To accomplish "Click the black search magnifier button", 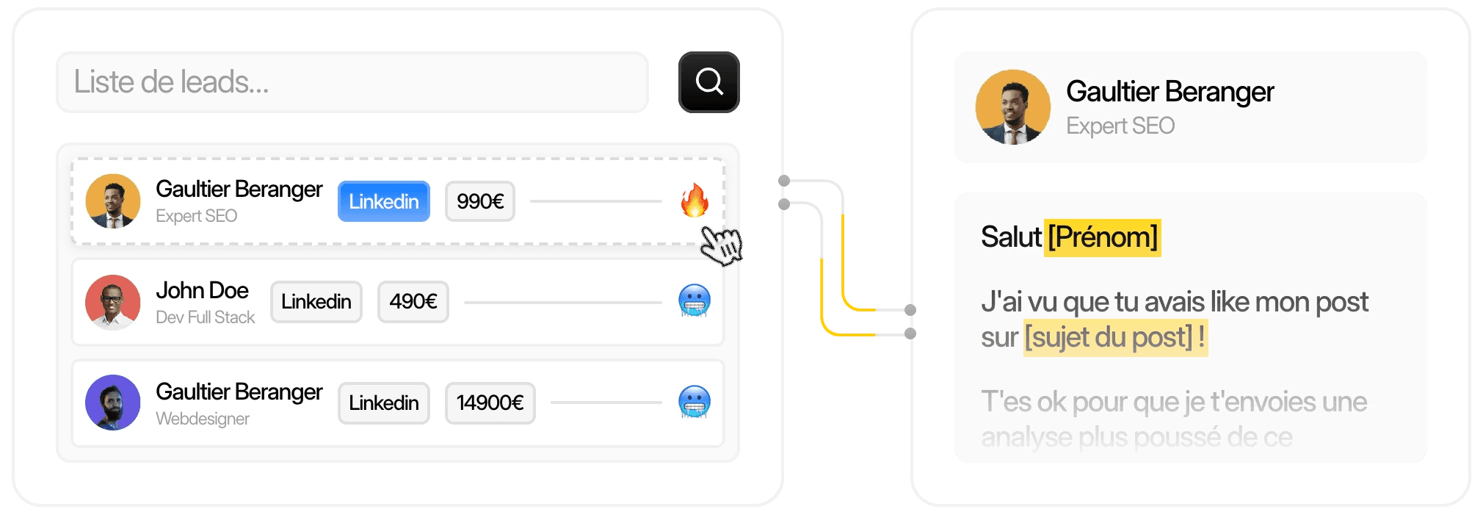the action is coord(708,82).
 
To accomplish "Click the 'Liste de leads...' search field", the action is coord(352,82).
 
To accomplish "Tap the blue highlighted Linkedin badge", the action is coord(383,201).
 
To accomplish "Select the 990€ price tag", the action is coord(479,201).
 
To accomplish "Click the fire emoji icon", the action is coord(694,200).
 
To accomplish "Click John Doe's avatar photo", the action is coord(112,302).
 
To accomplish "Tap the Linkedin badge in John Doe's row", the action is coord(316,302).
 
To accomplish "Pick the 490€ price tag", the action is coord(413,302).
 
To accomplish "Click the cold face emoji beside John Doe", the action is coord(694,300).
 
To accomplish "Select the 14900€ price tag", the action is coord(490,403).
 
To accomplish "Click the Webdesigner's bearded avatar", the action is coord(112,403).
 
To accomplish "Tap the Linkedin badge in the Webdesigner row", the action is coord(383,403).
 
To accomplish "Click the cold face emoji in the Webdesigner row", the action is coord(694,402).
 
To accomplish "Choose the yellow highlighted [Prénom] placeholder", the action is coord(1102,237).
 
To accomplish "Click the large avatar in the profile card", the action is coord(1012,107).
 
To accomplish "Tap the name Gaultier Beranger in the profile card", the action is coord(1170,92).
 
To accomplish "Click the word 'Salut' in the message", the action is coord(1010,237).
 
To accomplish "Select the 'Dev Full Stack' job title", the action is coord(205,317).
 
